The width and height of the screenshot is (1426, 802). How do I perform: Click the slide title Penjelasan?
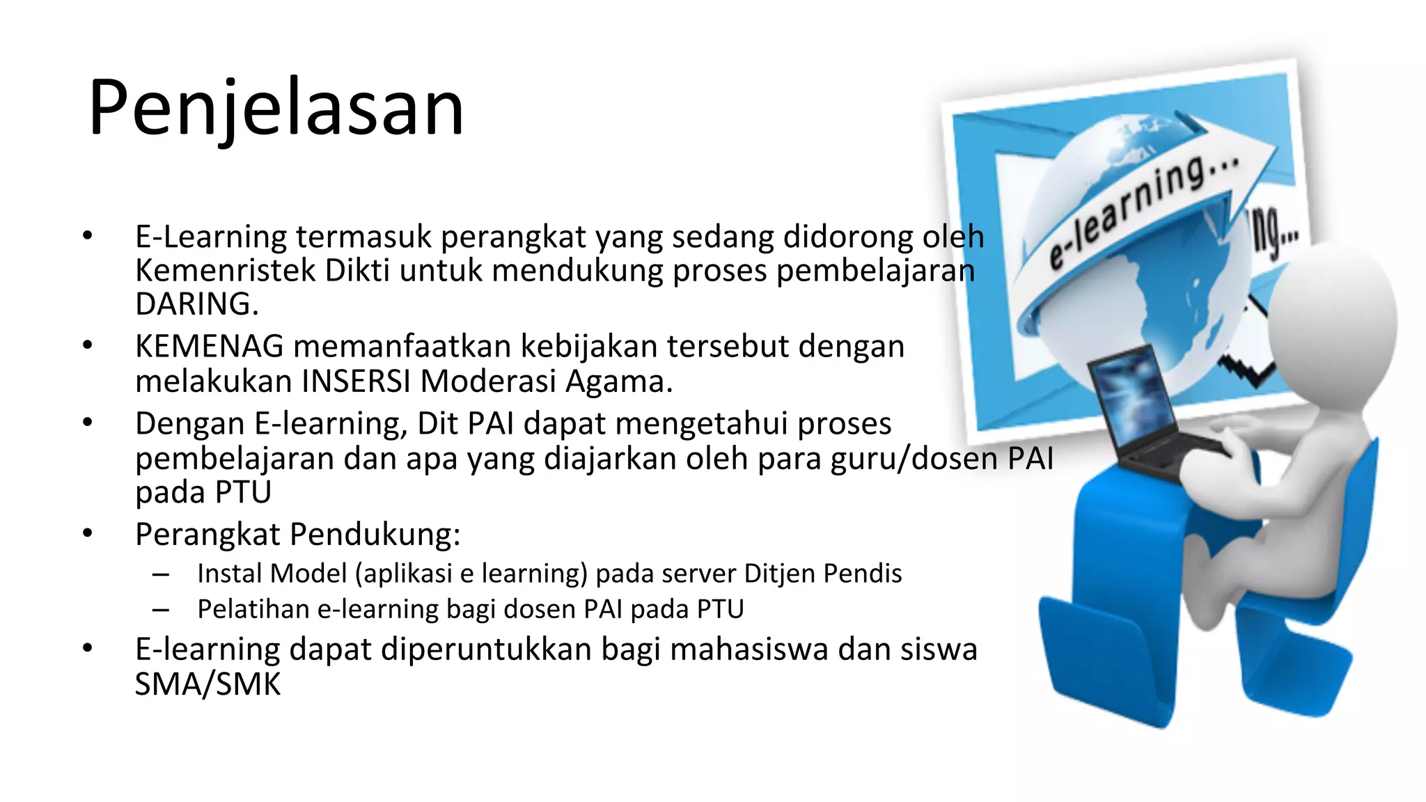coord(276,109)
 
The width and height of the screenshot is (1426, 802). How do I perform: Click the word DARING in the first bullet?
coord(196,304)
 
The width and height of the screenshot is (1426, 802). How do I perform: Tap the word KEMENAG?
coord(210,346)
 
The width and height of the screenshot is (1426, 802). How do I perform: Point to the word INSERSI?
coord(356,382)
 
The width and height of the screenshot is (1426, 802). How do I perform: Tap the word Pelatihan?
coord(253,609)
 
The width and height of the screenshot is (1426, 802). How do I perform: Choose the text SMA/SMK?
coord(207,684)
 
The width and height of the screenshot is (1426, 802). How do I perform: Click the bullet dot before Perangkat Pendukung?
coord(87,534)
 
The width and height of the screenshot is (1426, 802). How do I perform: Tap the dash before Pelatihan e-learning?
coord(161,610)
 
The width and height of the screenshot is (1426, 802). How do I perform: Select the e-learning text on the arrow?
coord(1142,209)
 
